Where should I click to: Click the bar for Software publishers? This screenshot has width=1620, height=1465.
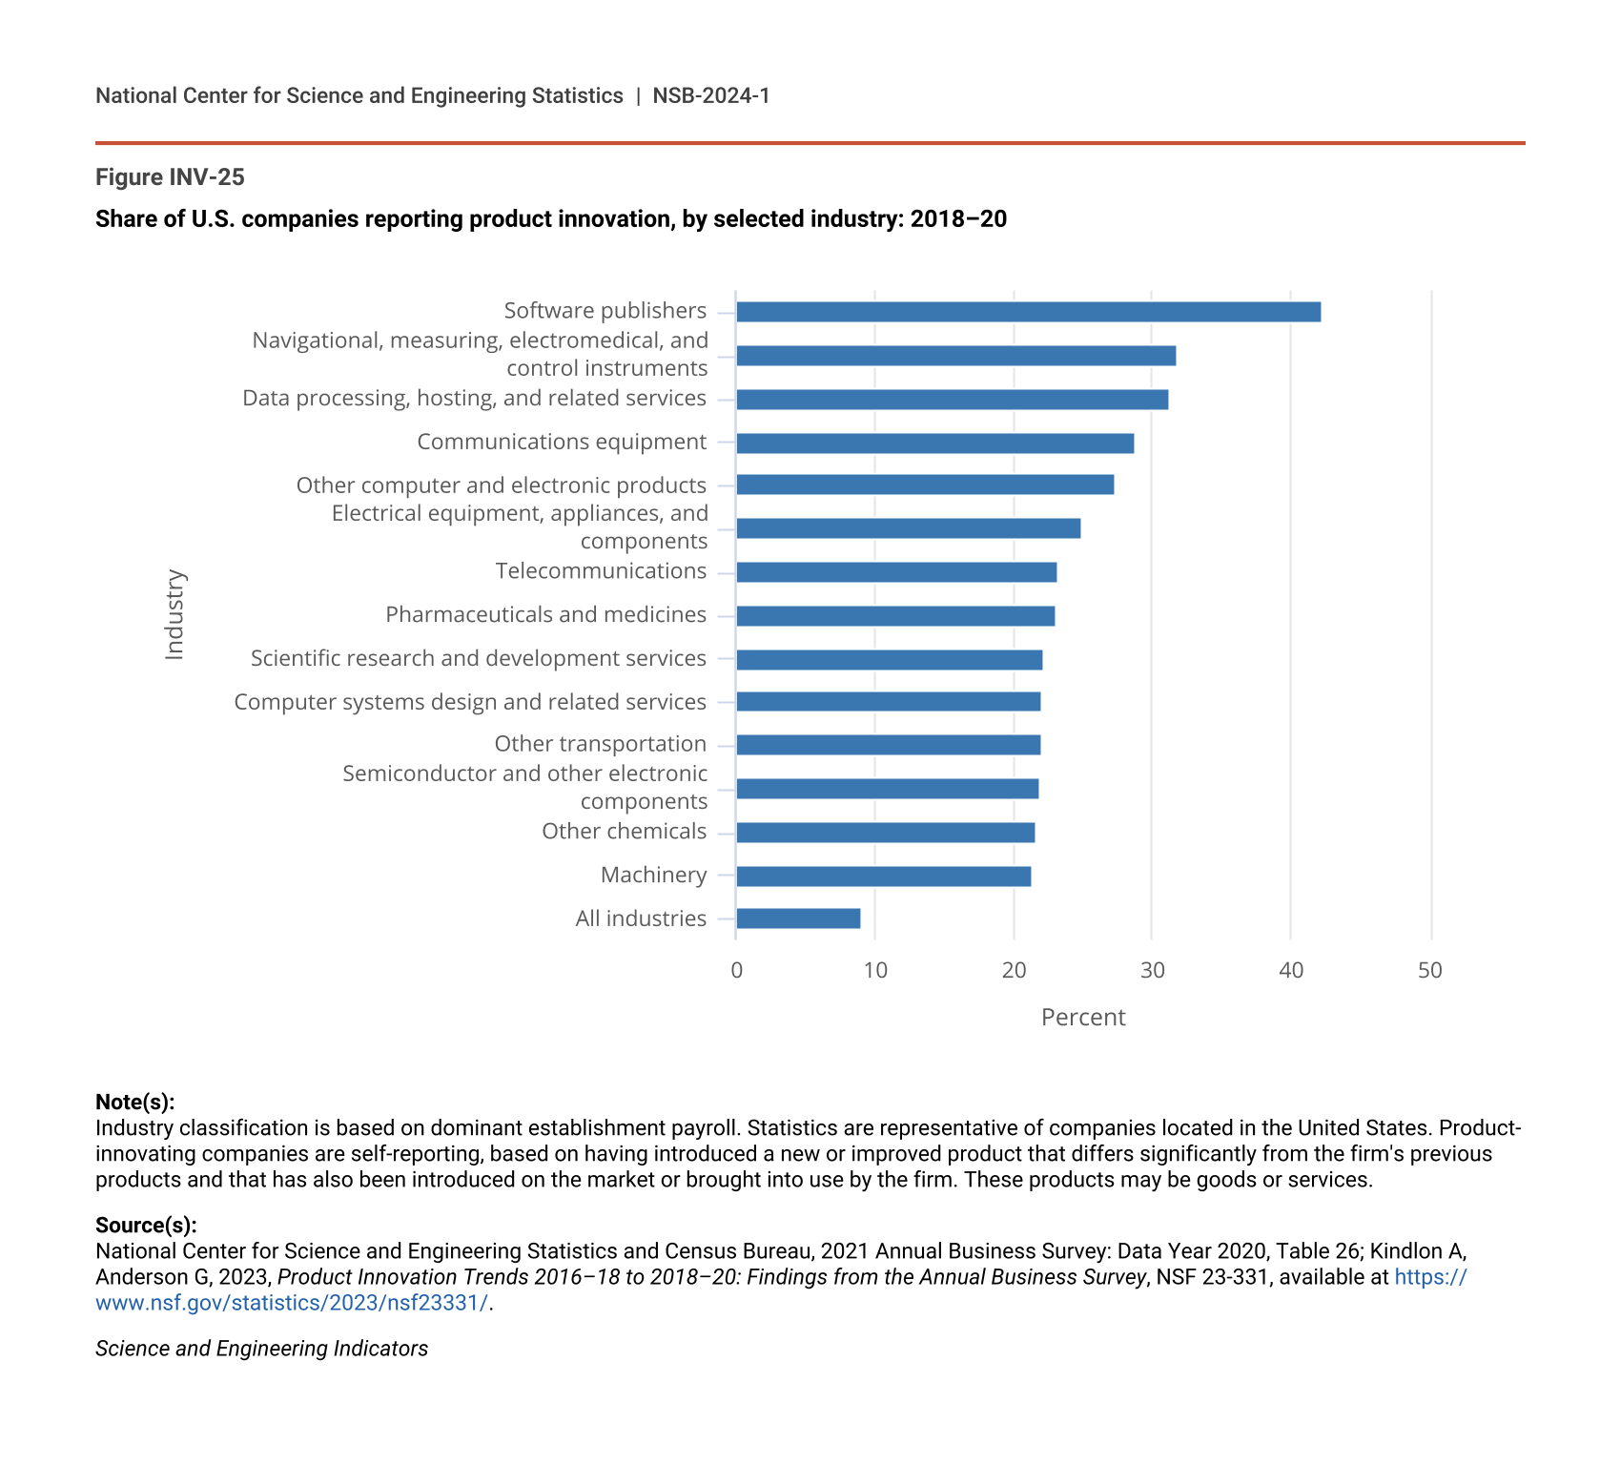click(x=1028, y=312)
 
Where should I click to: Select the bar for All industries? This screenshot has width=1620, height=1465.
click(x=798, y=918)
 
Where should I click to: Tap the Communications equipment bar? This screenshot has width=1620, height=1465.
click(x=934, y=444)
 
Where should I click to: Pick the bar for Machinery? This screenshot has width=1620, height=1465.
click(x=883, y=877)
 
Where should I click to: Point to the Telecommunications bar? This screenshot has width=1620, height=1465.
click(x=896, y=572)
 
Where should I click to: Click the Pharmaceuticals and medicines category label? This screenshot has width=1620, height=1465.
click(x=545, y=615)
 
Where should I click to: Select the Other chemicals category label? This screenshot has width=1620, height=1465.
click(x=624, y=832)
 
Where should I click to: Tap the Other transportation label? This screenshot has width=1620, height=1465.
click(x=600, y=744)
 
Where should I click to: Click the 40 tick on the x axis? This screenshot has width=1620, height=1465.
click(x=1290, y=971)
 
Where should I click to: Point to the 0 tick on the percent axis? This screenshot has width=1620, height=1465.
click(x=736, y=971)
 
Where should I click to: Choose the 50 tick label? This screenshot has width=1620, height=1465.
click(x=1429, y=971)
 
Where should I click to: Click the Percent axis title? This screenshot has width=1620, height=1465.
click(x=1083, y=1018)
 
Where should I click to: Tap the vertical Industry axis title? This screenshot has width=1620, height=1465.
click(x=174, y=615)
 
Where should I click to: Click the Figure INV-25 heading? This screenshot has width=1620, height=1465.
click(x=170, y=177)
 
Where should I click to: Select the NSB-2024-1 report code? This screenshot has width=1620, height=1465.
click(x=710, y=96)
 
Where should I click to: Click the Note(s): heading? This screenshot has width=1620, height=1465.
click(x=134, y=1103)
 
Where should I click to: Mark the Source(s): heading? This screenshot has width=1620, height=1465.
click(x=146, y=1226)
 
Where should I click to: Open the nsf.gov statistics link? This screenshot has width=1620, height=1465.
click(x=292, y=1303)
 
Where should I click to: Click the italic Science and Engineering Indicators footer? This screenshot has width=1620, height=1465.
click(x=261, y=1349)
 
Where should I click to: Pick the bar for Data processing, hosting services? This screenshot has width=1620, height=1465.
click(x=952, y=400)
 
